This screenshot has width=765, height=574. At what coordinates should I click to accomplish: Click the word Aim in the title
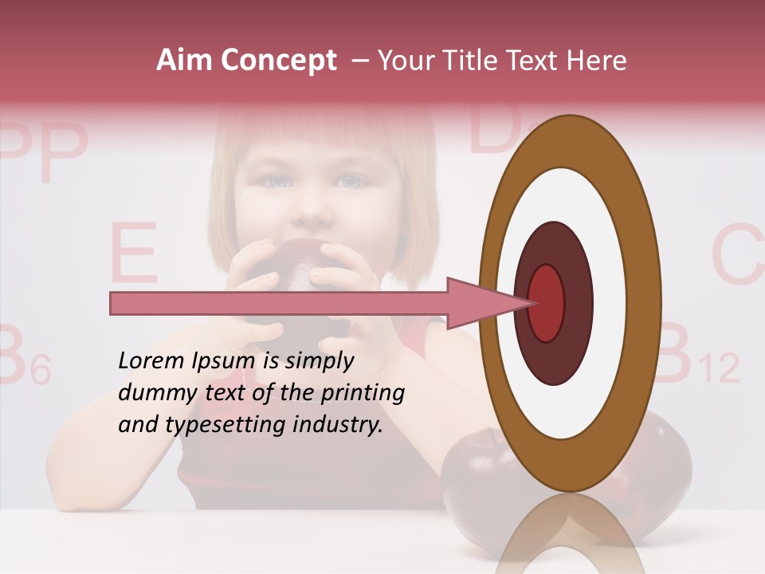coord(183,61)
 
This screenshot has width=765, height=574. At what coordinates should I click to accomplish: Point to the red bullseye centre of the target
coord(546,303)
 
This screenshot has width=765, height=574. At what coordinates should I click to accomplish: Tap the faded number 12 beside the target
coord(719,368)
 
